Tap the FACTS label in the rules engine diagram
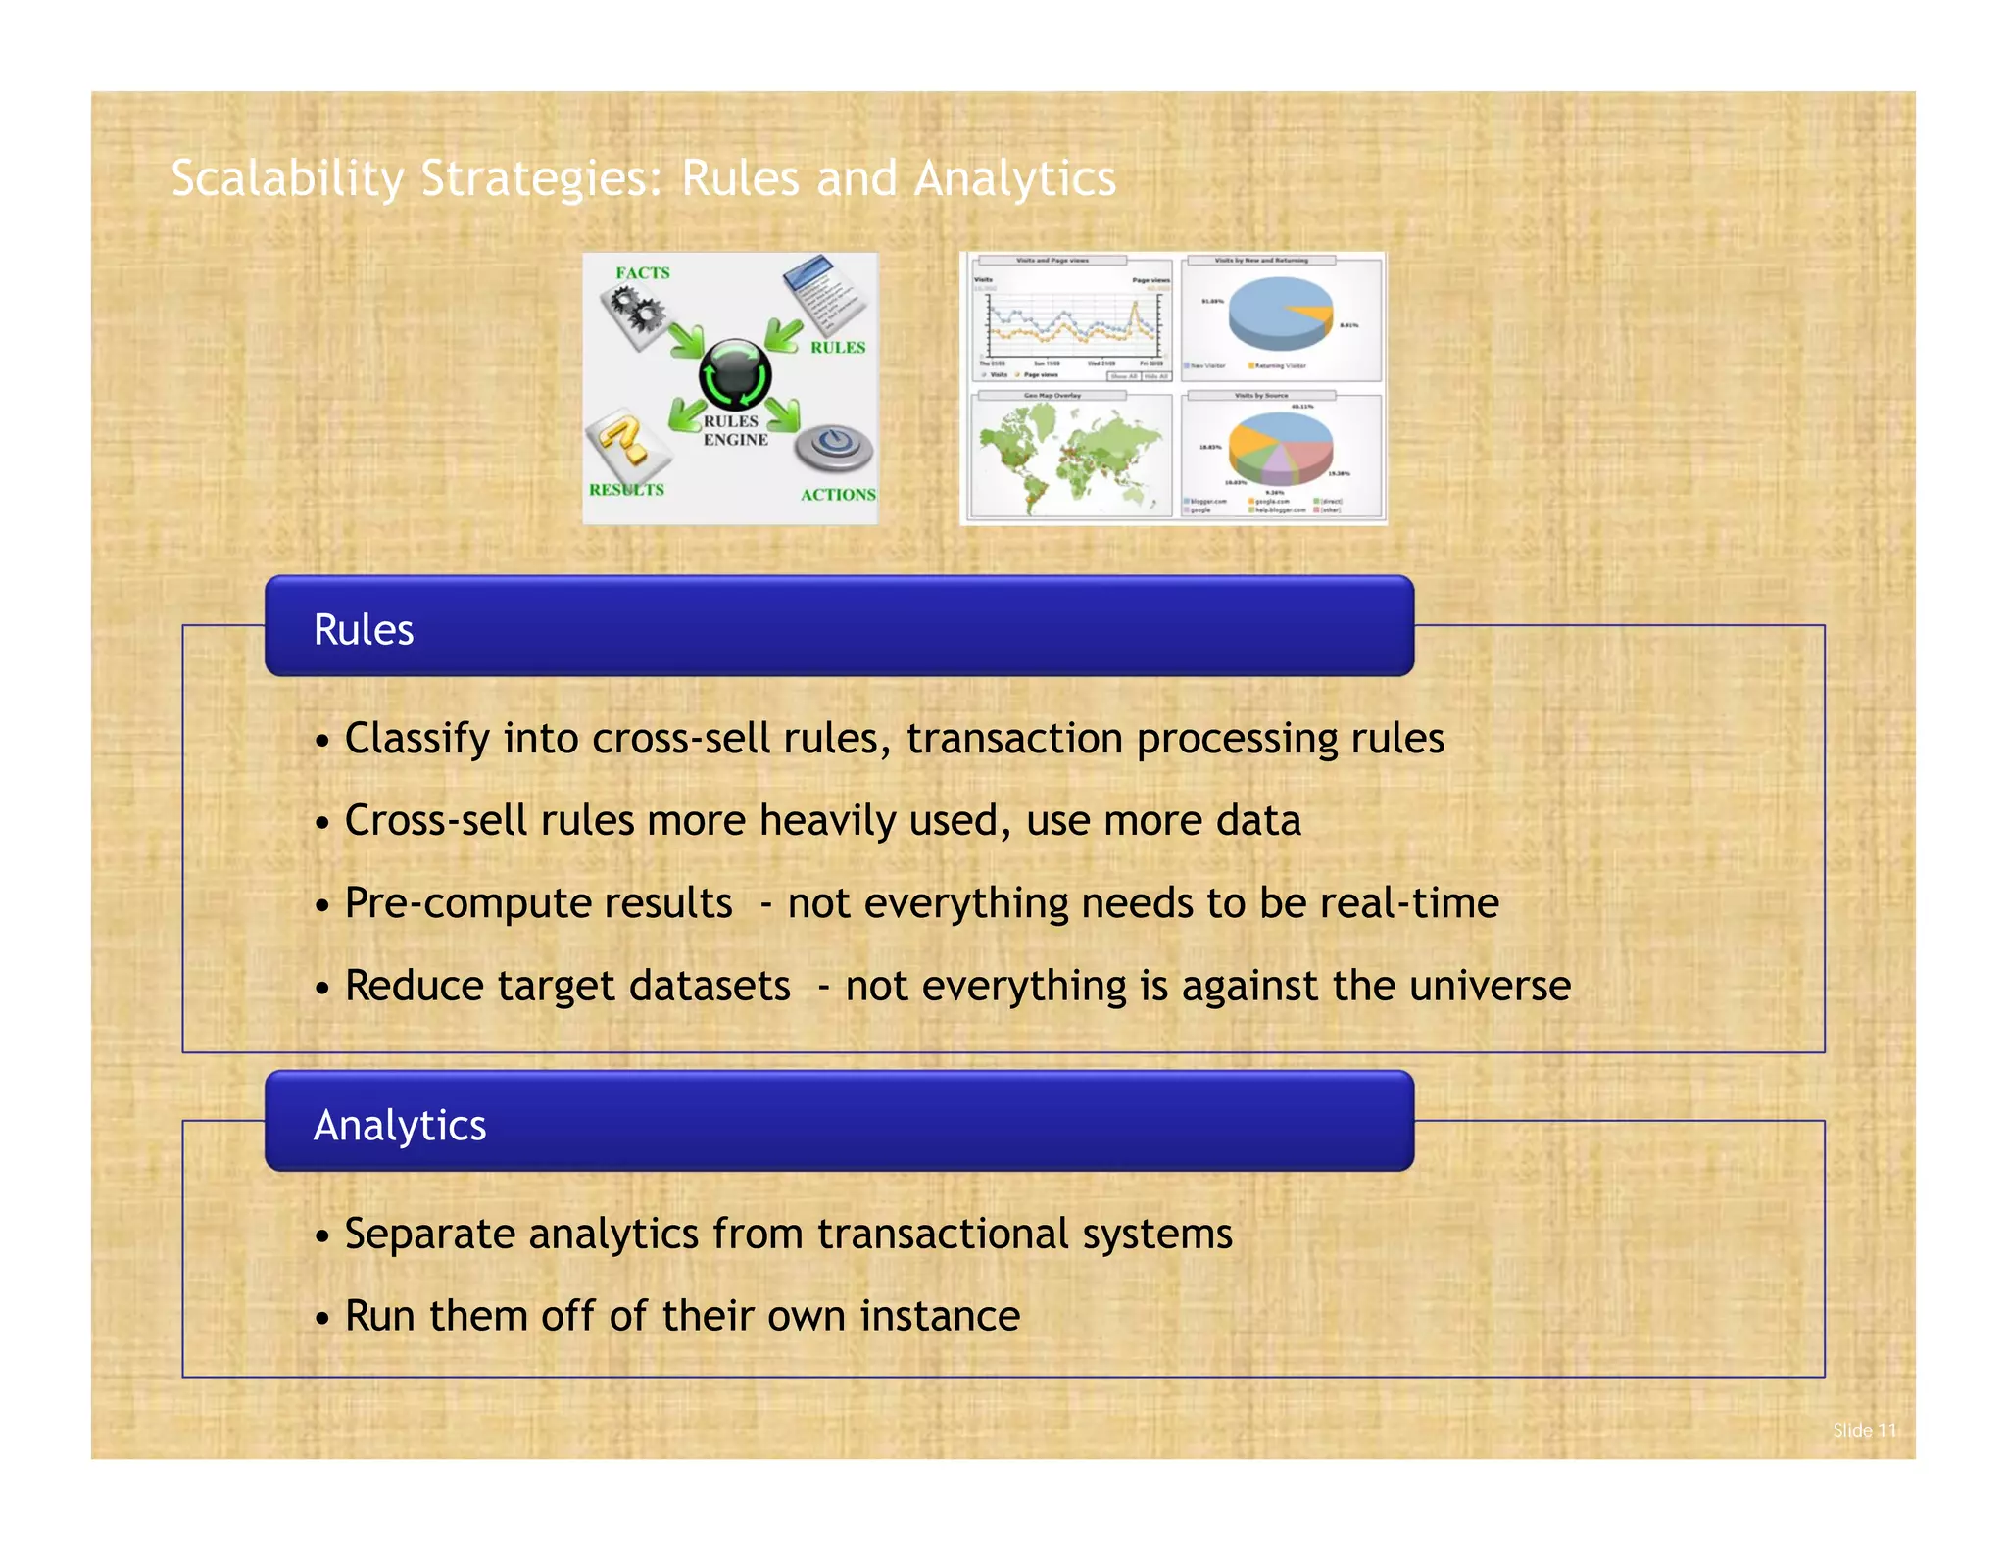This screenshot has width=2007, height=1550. pos(643,273)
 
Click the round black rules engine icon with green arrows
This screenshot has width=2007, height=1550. pos(735,375)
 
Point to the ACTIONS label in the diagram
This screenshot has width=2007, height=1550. pos(838,495)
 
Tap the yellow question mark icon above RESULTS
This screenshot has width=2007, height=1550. pos(627,443)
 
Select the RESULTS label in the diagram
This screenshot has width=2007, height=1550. pos(626,489)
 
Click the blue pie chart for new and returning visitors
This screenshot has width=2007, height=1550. pos(1280,312)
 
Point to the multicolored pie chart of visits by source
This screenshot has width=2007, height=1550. pos(1280,447)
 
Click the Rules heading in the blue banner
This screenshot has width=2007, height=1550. pos(364,630)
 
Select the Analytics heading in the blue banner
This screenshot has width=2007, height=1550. pos(400,1126)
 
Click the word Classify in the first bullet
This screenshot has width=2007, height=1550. pos(417,740)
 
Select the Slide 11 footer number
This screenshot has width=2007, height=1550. pos(1864,1430)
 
